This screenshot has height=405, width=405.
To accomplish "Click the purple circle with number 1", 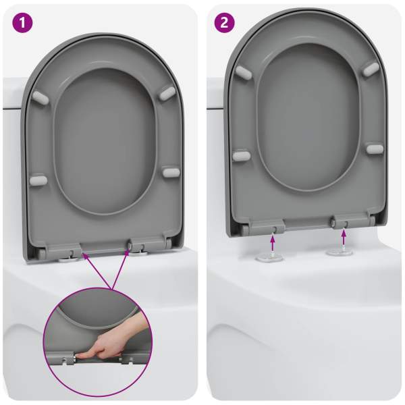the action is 22,22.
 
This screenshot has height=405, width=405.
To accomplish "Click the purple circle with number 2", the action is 225,22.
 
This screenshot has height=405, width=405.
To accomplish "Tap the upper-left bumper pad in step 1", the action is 40,98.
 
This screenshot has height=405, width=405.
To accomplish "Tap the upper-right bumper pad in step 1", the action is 167,93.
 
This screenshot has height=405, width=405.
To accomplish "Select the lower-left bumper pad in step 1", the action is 38,180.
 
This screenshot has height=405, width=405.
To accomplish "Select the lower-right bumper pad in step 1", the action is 171,172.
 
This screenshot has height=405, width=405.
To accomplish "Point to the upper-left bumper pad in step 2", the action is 244,72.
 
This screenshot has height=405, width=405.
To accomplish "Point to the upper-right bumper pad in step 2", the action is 371,70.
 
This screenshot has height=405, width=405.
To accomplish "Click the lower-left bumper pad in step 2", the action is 242,156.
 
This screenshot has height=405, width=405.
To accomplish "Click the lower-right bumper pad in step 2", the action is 375,149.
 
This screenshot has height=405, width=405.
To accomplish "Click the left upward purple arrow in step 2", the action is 273,243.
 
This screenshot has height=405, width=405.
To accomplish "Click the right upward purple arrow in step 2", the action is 344,238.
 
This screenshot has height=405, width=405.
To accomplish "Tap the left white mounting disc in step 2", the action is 269,258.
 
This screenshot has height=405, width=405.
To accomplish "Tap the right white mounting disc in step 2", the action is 340,252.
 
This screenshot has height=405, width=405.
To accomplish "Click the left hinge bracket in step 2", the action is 267,227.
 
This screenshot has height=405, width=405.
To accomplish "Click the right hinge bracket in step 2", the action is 350,221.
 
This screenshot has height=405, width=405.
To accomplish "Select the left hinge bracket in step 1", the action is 64,250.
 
